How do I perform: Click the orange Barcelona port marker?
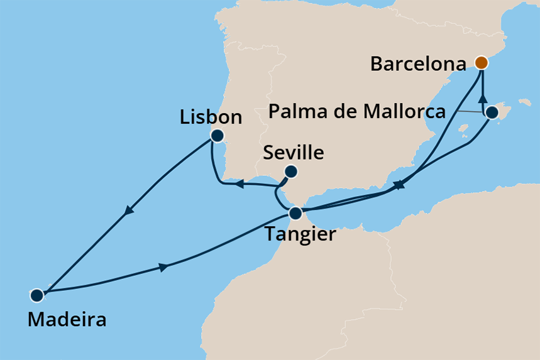tap(481, 62)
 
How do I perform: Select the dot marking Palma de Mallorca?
tap(492, 113)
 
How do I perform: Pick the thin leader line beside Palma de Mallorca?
tap(469, 112)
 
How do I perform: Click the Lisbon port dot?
tap(218, 135)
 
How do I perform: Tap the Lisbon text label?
tap(211, 117)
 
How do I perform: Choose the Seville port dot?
tap(291, 171)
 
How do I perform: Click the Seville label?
tap(294, 153)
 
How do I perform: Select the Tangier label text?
tap(300, 234)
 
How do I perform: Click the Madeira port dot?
tap(36, 294)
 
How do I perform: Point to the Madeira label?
tap(67, 319)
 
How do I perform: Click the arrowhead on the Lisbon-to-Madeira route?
tap(129, 211)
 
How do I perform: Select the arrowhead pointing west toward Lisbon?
tap(240, 183)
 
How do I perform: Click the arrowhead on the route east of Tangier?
tap(399, 185)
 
